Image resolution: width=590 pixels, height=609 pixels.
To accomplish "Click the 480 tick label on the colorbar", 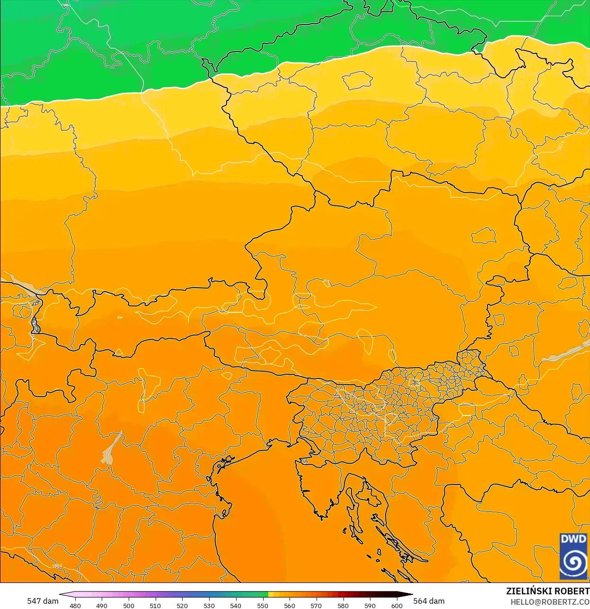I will click(x=75, y=605).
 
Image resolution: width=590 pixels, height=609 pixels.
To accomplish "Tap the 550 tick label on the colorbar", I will click(x=263, y=605).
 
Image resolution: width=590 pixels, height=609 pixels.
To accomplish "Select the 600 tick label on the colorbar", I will click(x=396, y=605).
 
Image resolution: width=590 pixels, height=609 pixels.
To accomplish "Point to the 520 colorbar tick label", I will click(x=182, y=605).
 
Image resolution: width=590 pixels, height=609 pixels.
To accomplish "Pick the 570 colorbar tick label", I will click(x=316, y=605).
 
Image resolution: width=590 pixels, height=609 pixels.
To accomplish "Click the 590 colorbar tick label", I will click(x=370, y=605).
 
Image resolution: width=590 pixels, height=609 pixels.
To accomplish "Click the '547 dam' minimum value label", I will click(x=43, y=600).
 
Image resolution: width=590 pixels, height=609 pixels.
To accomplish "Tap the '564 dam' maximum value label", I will click(x=429, y=600).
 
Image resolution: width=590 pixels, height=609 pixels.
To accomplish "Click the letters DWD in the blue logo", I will click(x=573, y=539).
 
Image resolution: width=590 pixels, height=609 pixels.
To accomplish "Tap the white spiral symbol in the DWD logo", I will click(x=573, y=563).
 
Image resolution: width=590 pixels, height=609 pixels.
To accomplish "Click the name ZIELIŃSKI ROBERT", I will click(x=547, y=591).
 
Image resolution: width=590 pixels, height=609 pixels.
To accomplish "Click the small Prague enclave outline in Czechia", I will click(x=357, y=80).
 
